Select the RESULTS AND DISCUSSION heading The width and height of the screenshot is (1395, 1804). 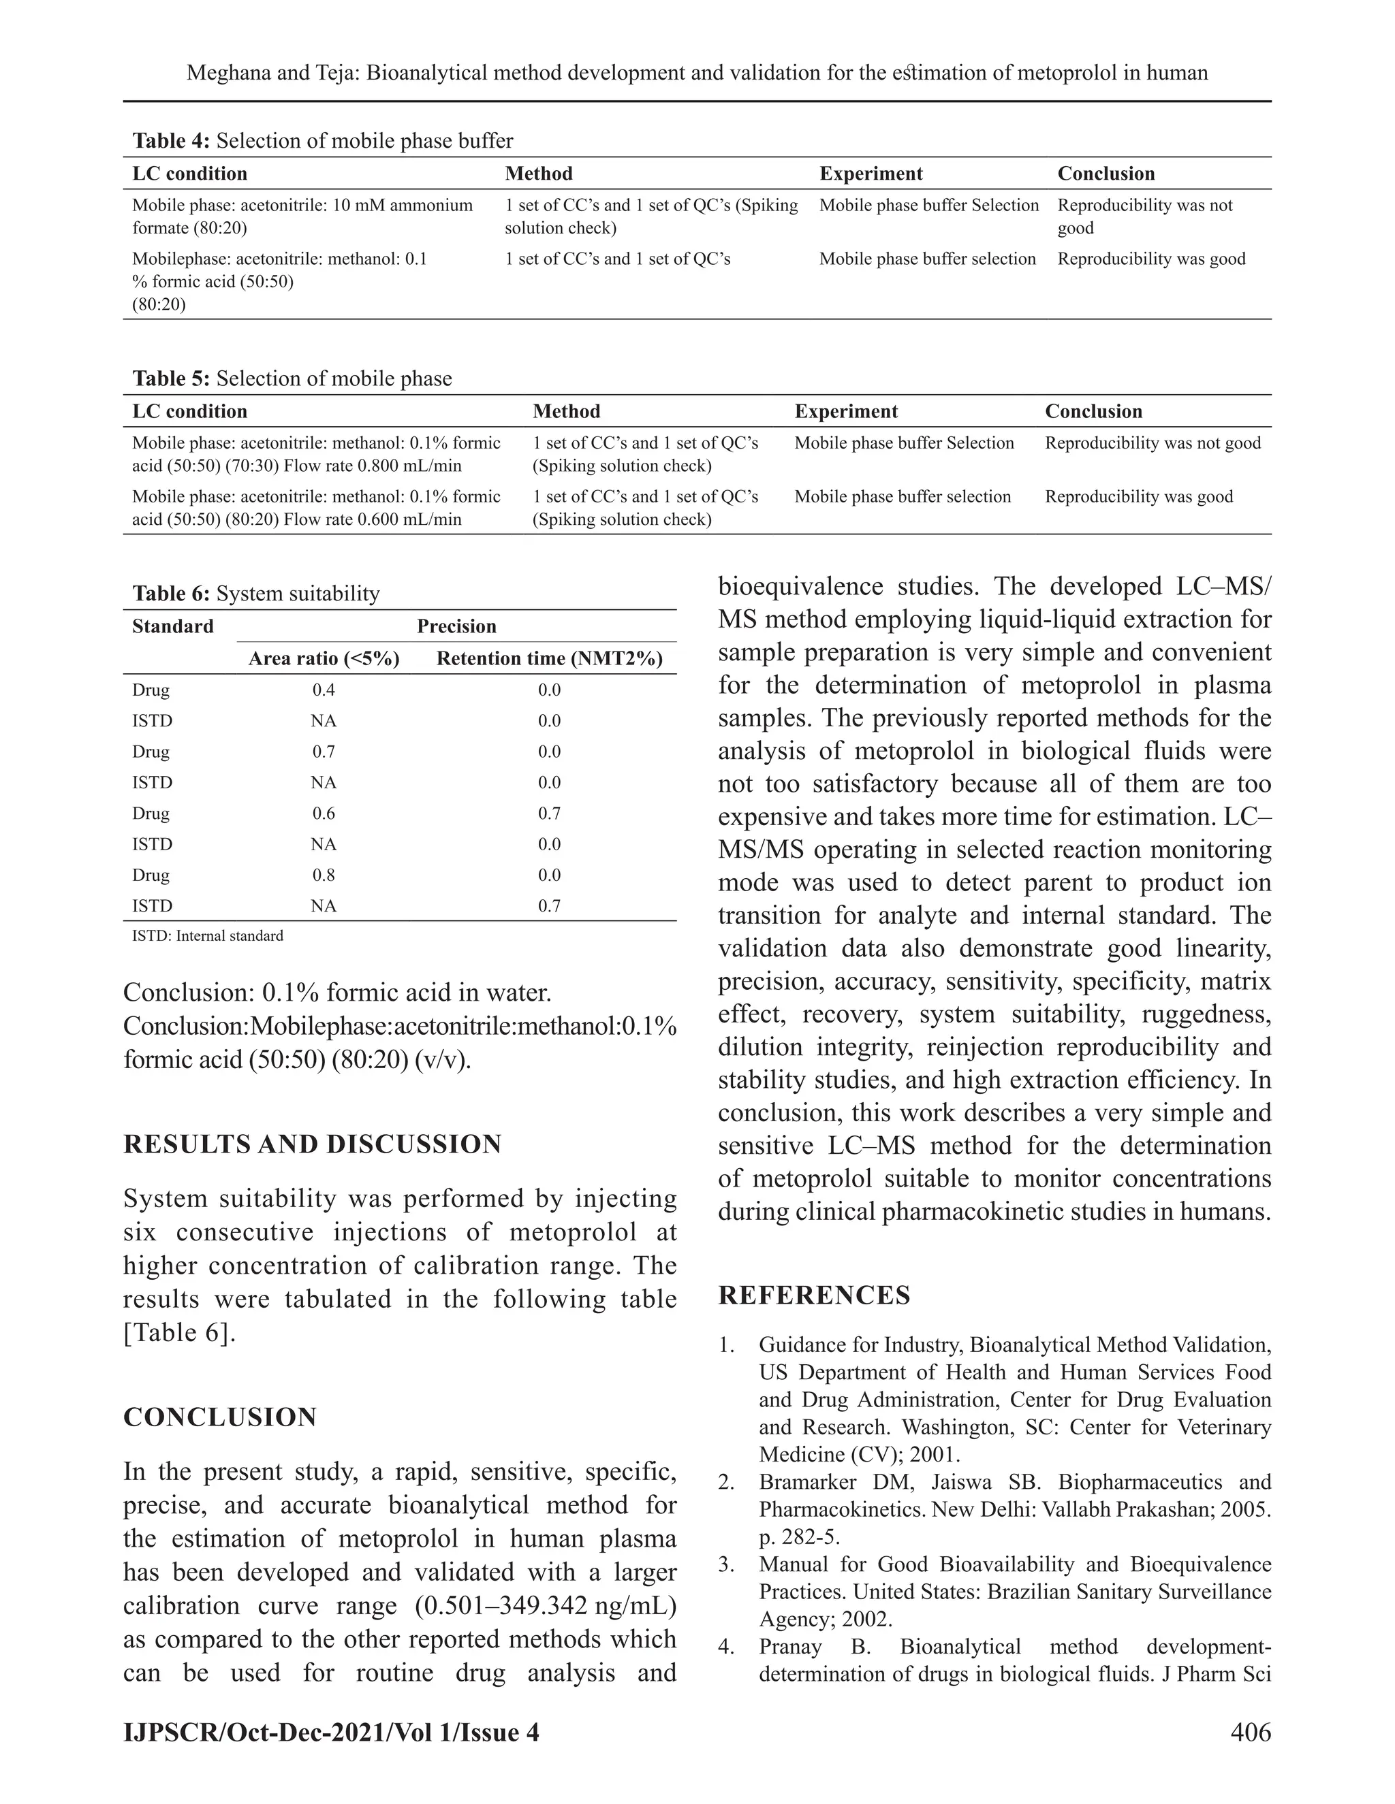313,1144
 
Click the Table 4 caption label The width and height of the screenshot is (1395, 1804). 171,140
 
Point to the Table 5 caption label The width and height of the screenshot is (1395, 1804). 171,378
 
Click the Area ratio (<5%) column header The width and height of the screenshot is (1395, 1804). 324,658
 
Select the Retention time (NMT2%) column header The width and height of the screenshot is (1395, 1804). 550,658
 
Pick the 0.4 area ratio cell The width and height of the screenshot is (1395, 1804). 324,690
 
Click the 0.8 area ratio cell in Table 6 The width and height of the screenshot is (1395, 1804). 324,875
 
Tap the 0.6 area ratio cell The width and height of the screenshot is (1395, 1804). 324,813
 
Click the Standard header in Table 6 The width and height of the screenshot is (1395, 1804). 173,626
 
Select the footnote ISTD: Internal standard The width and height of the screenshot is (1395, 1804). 208,936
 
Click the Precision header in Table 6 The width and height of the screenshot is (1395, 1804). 456,626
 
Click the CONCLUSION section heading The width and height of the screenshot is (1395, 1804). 220,1417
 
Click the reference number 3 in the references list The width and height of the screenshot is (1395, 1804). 725,1564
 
